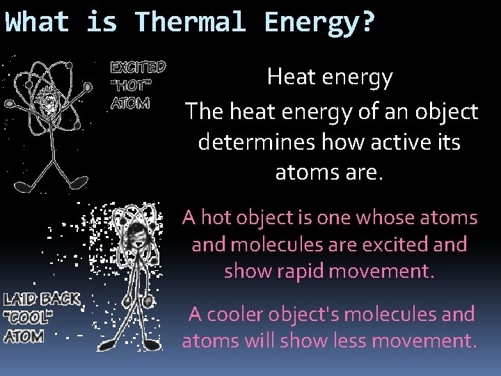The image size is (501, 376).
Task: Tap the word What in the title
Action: [38, 22]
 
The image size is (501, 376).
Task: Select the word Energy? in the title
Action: [319, 22]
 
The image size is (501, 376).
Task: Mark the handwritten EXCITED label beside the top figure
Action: [138, 68]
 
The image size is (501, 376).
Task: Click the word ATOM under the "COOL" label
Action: [24, 337]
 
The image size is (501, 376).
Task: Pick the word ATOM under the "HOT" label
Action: [129, 104]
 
